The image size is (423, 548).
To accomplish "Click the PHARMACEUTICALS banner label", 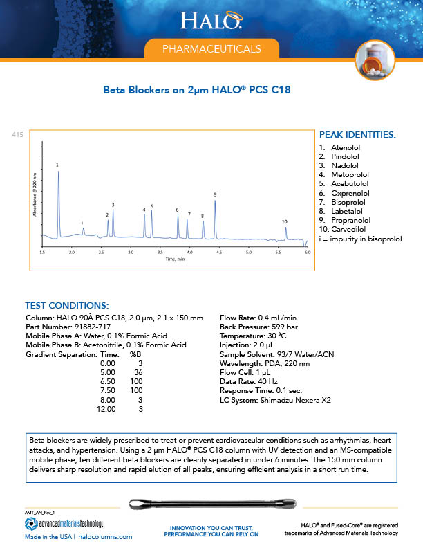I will coord(211,49).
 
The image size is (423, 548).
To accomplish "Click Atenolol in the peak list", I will coord(341,148).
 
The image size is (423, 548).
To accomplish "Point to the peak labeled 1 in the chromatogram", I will coord(58,173).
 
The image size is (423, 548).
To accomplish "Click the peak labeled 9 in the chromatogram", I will coord(215,201).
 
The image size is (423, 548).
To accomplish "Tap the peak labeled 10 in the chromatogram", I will coord(285,228).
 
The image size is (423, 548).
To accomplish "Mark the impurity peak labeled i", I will coord(83,228).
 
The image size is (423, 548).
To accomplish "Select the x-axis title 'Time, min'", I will coord(175,259).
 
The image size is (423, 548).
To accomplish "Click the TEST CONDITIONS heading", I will coord(66,305).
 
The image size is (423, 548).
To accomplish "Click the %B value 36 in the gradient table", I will coord(138,372).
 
